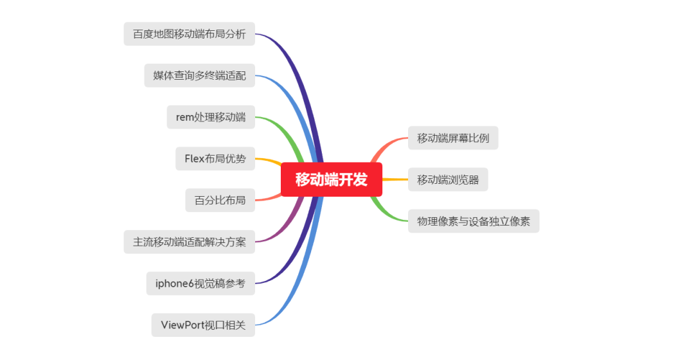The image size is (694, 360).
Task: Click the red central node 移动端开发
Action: click(x=332, y=179)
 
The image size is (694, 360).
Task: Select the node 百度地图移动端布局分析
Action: click(x=189, y=34)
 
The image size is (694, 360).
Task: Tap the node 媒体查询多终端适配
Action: click(x=199, y=75)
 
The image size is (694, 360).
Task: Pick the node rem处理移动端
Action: click(x=211, y=117)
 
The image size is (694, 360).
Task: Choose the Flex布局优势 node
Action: click(x=215, y=159)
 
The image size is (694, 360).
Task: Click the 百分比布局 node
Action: click(x=220, y=200)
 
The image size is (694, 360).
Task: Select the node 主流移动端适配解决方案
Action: click(x=189, y=242)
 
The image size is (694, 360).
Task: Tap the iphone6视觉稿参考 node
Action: click(x=200, y=283)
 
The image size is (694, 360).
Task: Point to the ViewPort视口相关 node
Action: click(x=203, y=325)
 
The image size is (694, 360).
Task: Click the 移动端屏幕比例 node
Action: click(x=453, y=138)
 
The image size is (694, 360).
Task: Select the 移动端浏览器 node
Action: click(x=448, y=179)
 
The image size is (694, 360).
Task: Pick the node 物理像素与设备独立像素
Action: click(x=474, y=221)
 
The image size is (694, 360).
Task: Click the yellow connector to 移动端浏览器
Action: click(x=395, y=179)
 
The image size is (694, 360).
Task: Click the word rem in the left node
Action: click(x=185, y=117)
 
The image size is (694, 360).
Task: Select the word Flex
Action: click(x=195, y=159)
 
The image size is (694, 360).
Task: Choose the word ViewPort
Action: click(x=182, y=325)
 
